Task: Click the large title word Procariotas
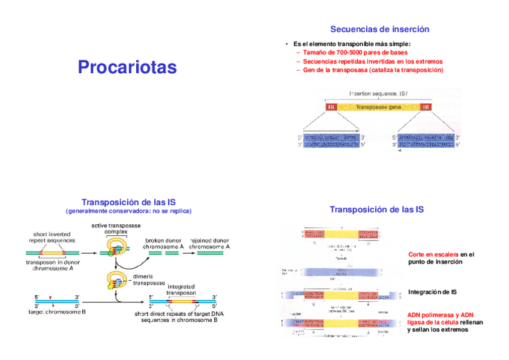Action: coord(127,67)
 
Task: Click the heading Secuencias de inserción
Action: coord(379,29)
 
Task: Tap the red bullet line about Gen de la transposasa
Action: coord(373,70)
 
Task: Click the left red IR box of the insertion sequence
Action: coord(331,107)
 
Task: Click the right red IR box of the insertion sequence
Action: coord(426,107)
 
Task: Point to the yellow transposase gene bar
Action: coord(379,107)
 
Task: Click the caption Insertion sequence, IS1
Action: coord(379,94)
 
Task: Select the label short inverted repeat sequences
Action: coord(53,237)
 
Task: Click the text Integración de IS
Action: coord(432,292)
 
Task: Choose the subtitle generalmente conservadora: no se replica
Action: coord(128,211)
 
